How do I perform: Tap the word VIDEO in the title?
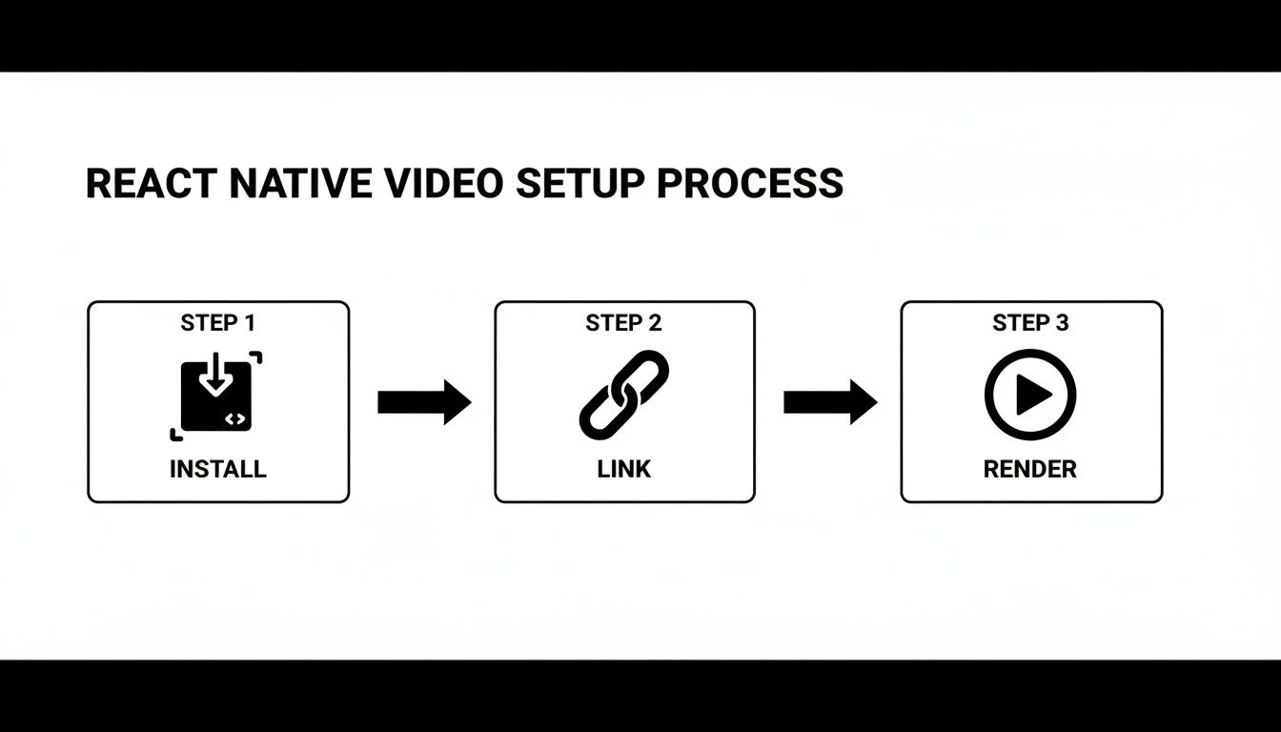coord(444,183)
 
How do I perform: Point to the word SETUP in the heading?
coord(579,183)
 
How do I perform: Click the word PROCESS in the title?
coord(750,183)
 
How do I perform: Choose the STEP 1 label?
coord(218,323)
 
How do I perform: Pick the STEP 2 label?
coord(624,323)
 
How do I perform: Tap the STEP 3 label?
coord(1030,323)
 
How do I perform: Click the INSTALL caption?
coord(218,469)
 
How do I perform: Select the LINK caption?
coord(624,469)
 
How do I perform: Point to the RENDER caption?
coord(1030,469)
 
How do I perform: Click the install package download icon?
coord(216,396)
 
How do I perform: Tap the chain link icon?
coord(624,395)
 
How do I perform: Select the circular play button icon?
coord(1030,395)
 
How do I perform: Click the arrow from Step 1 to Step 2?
coord(423,402)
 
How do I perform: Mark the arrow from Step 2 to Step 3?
coord(829,402)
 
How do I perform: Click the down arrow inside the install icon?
coord(216,376)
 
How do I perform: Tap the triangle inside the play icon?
coord(1033,395)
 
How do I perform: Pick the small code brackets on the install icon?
coord(236,418)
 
